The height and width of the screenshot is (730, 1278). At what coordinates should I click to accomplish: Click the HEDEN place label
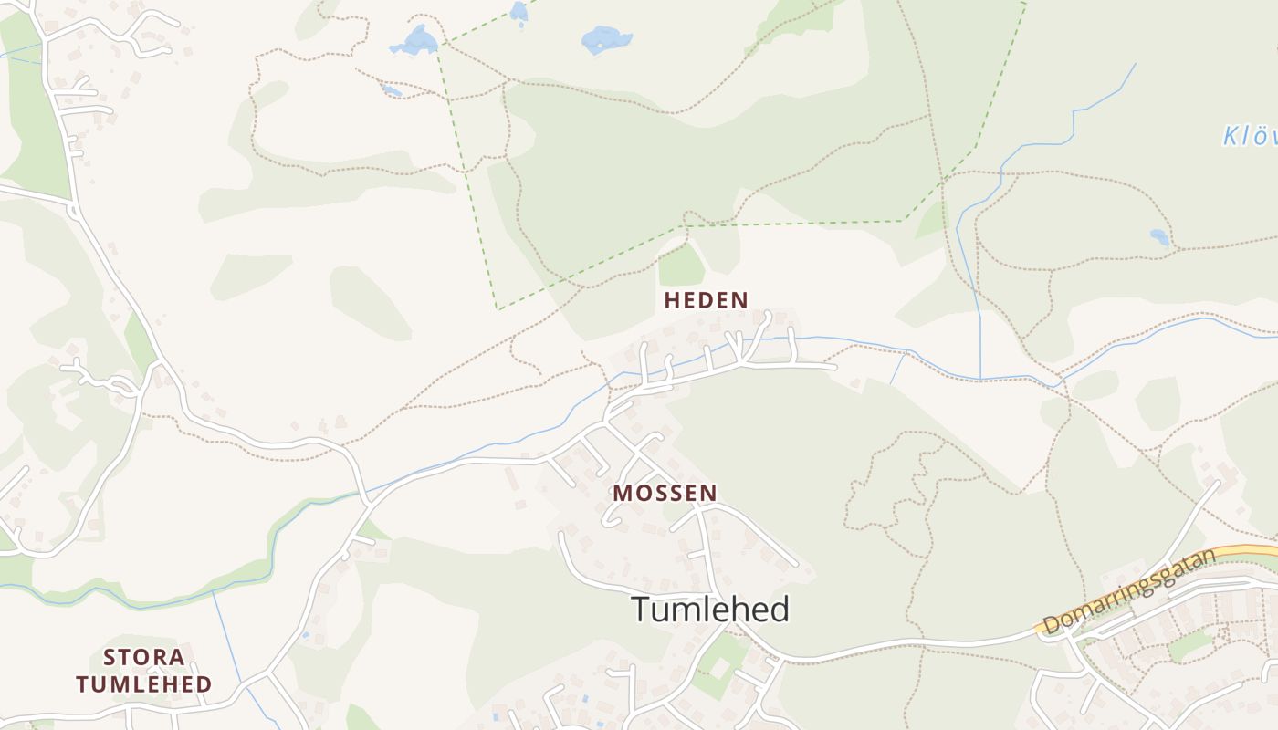pos(706,299)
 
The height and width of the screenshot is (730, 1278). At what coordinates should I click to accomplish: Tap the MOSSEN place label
pos(665,493)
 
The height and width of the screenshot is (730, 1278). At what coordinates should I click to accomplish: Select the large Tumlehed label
pos(710,610)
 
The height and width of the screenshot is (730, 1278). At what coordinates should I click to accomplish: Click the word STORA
pos(144,657)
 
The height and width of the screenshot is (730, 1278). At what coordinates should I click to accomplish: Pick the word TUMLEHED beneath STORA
pos(144,683)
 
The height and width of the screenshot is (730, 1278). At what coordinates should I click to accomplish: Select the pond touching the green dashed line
pos(415,40)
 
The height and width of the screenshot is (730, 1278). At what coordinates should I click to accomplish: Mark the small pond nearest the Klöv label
pos(1159,237)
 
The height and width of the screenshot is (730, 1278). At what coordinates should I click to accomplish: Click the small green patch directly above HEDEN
pos(681,266)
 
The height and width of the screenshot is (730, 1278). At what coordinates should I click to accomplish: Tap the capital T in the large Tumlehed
pos(641,610)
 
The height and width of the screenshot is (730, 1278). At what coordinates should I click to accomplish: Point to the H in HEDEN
pos(672,299)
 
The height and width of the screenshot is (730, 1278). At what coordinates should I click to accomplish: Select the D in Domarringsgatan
pos(1052,625)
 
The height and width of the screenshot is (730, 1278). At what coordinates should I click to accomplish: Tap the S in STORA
pos(110,657)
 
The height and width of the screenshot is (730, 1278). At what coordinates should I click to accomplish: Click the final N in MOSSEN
pos(708,493)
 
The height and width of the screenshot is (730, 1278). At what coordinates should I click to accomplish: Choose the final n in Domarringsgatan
pos(1210,556)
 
